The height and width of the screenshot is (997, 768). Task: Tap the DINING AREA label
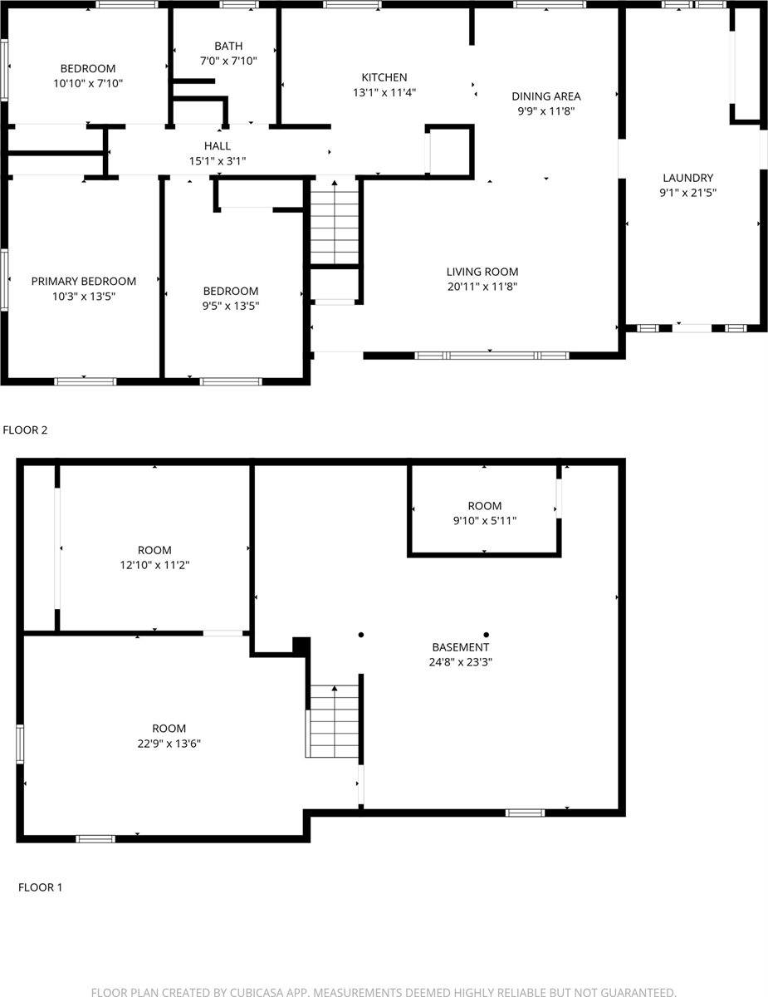point(545,96)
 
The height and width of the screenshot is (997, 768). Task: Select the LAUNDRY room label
point(687,178)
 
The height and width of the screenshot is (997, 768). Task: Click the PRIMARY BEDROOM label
point(84,281)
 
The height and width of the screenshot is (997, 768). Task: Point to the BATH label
point(227,46)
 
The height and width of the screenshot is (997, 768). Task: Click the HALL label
point(218,145)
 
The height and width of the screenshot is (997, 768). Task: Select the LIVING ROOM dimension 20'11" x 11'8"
point(482,287)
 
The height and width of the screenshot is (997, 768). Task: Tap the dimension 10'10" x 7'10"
point(88,83)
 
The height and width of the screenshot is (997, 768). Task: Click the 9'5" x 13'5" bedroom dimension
point(231,306)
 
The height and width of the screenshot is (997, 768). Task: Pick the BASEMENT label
point(461,647)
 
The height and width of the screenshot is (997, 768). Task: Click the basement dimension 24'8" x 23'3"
point(461,662)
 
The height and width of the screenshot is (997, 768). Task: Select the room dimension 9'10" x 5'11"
point(484,521)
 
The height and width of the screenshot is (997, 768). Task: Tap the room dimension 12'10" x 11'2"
point(154,565)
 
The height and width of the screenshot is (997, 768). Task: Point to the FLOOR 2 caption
point(26,430)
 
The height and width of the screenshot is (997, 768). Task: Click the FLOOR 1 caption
point(40,887)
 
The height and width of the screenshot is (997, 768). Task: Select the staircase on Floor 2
point(335,222)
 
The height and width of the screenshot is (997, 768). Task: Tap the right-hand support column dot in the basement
point(487,635)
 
